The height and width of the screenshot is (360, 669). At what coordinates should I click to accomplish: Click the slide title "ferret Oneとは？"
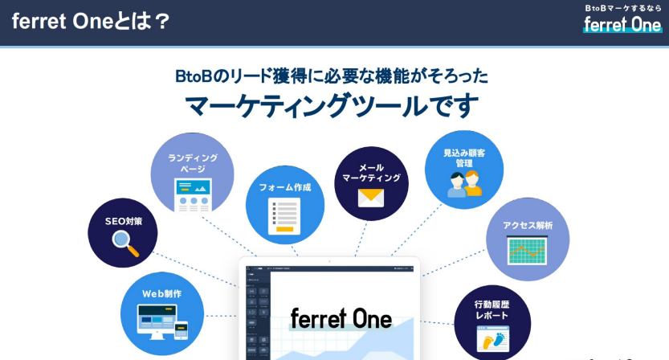click(91, 21)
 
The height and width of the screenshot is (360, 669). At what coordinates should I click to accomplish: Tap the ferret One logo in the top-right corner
click(622, 24)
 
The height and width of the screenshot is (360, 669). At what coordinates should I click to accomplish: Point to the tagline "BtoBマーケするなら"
click(623, 7)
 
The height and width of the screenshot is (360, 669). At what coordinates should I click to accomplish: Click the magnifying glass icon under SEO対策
click(124, 242)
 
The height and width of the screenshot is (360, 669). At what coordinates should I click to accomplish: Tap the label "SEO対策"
click(123, 221)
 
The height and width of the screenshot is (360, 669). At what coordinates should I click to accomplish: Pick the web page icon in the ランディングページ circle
click(193, 195)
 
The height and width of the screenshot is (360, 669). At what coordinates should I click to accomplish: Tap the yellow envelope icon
click(371, 198)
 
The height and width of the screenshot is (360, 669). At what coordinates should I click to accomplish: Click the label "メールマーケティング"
click(371, 172)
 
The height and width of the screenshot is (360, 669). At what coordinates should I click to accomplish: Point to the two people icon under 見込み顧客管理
click(464, 184)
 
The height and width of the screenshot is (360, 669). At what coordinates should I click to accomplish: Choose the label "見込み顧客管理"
click(464, 157)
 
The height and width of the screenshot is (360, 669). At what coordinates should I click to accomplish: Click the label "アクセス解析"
click(528, 226)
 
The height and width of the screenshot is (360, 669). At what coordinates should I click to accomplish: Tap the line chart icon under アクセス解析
click(527, 252)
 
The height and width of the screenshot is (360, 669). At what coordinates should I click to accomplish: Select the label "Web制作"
click(161, 294)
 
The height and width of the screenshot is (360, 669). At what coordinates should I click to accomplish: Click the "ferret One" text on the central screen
click(341, 319)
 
